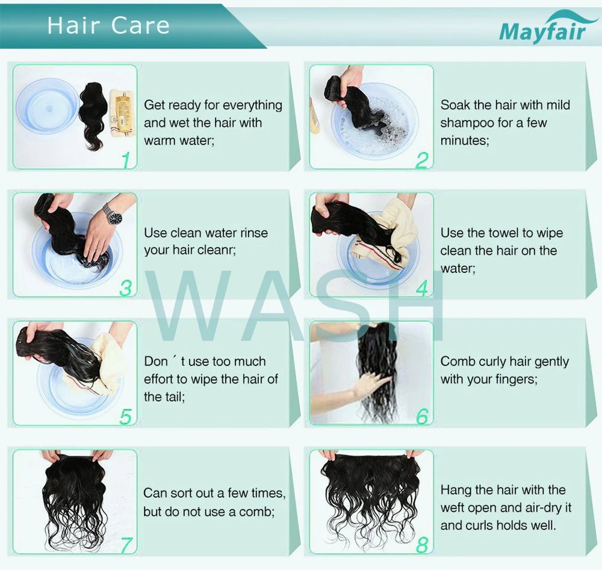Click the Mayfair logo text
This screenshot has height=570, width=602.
coord(542,30)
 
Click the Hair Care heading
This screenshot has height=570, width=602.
coord(108,25)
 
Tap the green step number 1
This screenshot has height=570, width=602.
coord(126,160)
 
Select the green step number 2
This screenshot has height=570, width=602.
coord(422,160)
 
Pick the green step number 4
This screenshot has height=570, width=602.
coord(421,289)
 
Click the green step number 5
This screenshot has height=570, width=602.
coord(125,417)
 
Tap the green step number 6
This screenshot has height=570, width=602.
coord(422,416)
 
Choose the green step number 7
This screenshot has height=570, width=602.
coord(126,545)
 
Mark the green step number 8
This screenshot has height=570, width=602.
coord(422,545)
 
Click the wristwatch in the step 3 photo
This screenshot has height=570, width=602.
coord(112,213)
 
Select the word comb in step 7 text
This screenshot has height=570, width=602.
coord(259,512)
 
